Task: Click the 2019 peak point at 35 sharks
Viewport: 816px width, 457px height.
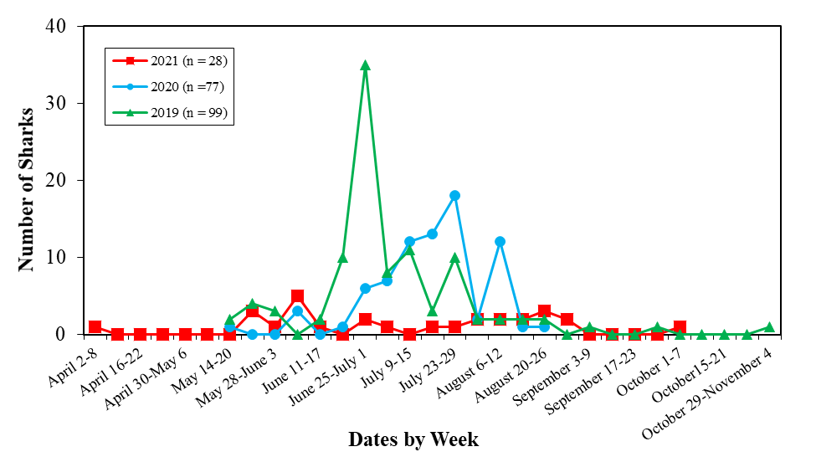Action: [x=365, y=65]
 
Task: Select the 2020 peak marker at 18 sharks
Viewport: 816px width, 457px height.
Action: [x=454, y=196]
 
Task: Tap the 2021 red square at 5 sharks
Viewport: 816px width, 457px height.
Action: [x=297, y=296]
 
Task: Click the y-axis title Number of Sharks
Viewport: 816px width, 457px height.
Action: [x=26, y=188]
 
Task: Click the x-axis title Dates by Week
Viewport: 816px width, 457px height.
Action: [x=413, y=439]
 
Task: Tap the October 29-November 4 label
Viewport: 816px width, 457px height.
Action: [x=716, y=388]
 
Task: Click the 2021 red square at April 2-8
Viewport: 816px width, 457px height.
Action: [x=95, y=327]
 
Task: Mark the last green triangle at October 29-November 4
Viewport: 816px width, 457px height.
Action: [x=769, y=327]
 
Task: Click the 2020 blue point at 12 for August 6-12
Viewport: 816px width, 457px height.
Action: [x=500, y=242]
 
